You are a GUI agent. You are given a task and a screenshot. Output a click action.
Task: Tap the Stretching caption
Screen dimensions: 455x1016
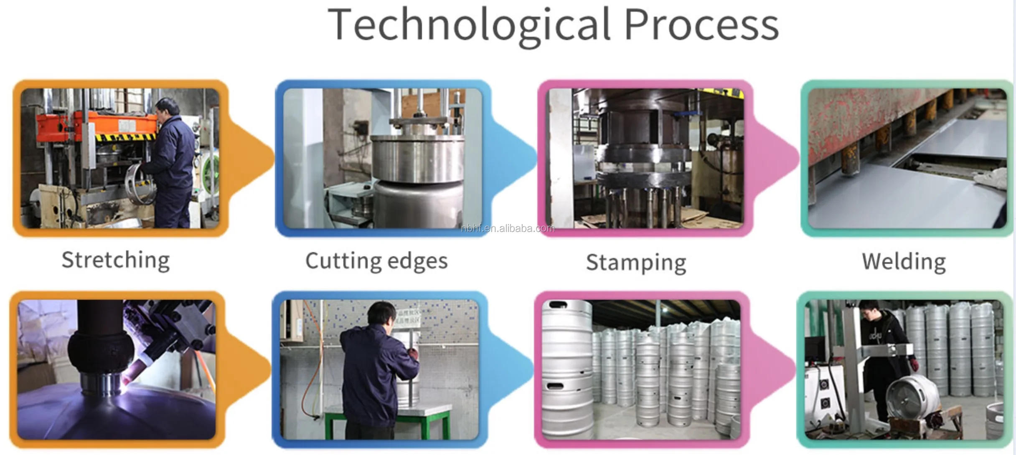click(x=116, y=260)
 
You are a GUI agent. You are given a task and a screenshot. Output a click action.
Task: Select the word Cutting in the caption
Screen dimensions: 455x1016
click(x=343, y=261)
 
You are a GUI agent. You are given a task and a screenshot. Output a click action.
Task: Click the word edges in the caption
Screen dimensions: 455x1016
click(x=417, y=261)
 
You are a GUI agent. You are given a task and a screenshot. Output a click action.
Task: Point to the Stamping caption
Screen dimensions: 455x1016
click(x=636, y=263)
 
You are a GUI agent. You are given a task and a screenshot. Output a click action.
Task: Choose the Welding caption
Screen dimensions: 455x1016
click(x=904, y=262)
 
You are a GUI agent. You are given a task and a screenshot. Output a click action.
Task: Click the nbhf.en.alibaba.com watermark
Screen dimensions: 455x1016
click(x=508, y=228)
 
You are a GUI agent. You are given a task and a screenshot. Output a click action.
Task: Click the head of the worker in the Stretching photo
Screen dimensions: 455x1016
click(x=168, y=108)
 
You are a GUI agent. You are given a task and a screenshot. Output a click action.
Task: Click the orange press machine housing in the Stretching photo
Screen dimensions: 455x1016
click(x=96, y=125)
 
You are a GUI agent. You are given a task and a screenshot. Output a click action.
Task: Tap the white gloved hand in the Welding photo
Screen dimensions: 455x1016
click(x=990, y=179)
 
